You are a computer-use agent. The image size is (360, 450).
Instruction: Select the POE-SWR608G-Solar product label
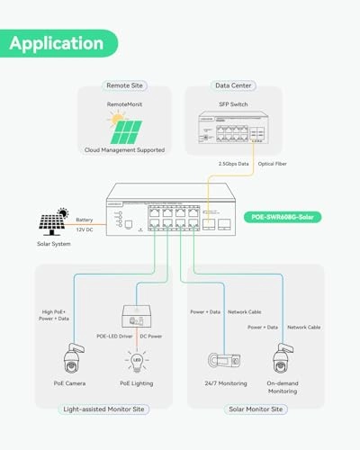(284, 218)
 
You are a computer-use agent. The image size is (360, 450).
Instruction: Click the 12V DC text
(84, 229)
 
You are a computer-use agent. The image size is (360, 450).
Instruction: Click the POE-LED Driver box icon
(133, 318)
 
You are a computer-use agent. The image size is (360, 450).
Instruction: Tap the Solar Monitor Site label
(255, 409)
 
